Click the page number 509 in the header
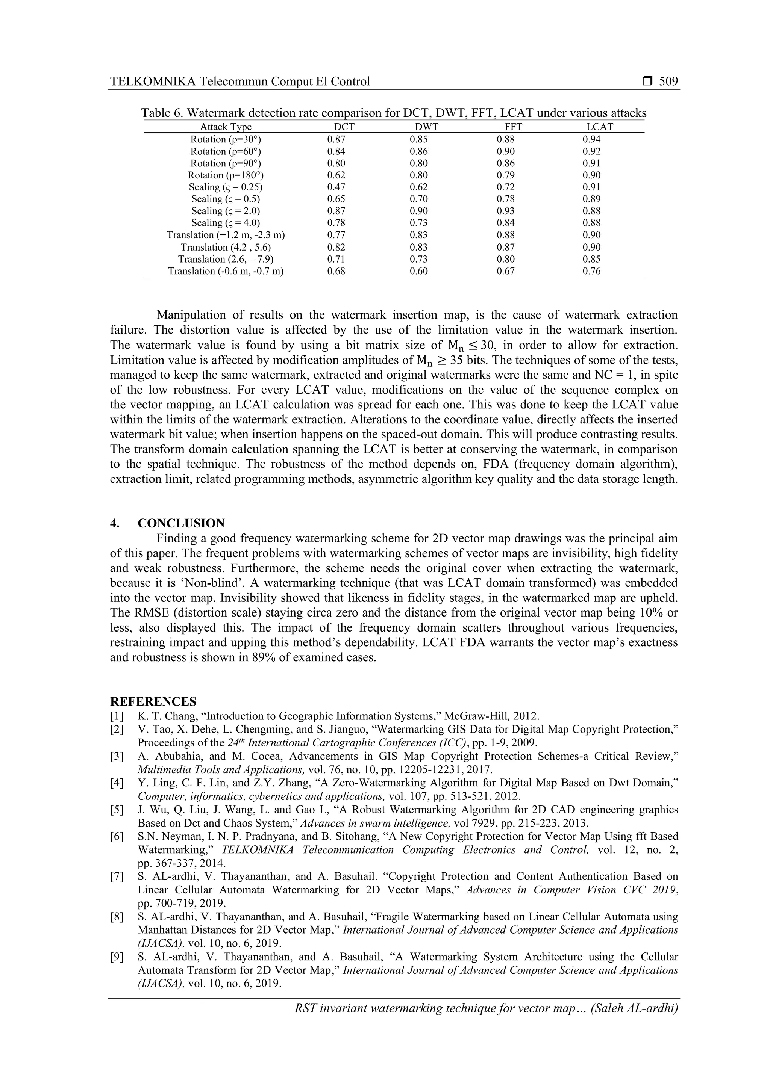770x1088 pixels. coord(668,82)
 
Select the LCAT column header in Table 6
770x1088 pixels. coord(599,127)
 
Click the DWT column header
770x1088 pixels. coord(426,127)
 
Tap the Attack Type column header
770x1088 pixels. coord(226,127)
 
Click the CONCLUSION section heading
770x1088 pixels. coord(181,524)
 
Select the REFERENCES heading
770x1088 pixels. coord(153,702)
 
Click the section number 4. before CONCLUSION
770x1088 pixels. coord(114,524)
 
